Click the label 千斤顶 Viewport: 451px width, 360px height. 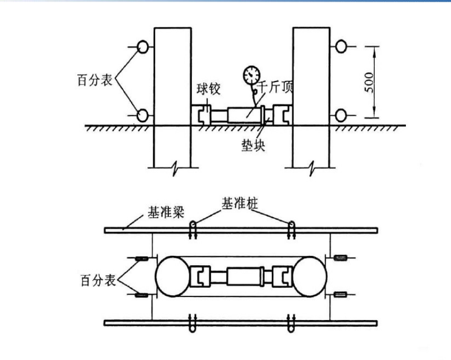click(x=278, y=88)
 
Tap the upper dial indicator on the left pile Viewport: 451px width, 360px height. click(x=143, y=46)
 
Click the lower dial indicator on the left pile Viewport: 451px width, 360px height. click(x=143, y=113)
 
